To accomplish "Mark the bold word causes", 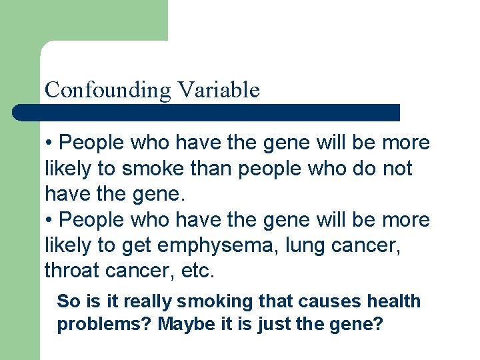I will pos(324,301).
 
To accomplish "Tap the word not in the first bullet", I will pos(398,169).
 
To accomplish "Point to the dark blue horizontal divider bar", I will pos(206,113).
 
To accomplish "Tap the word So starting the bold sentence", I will pos(68,301).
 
